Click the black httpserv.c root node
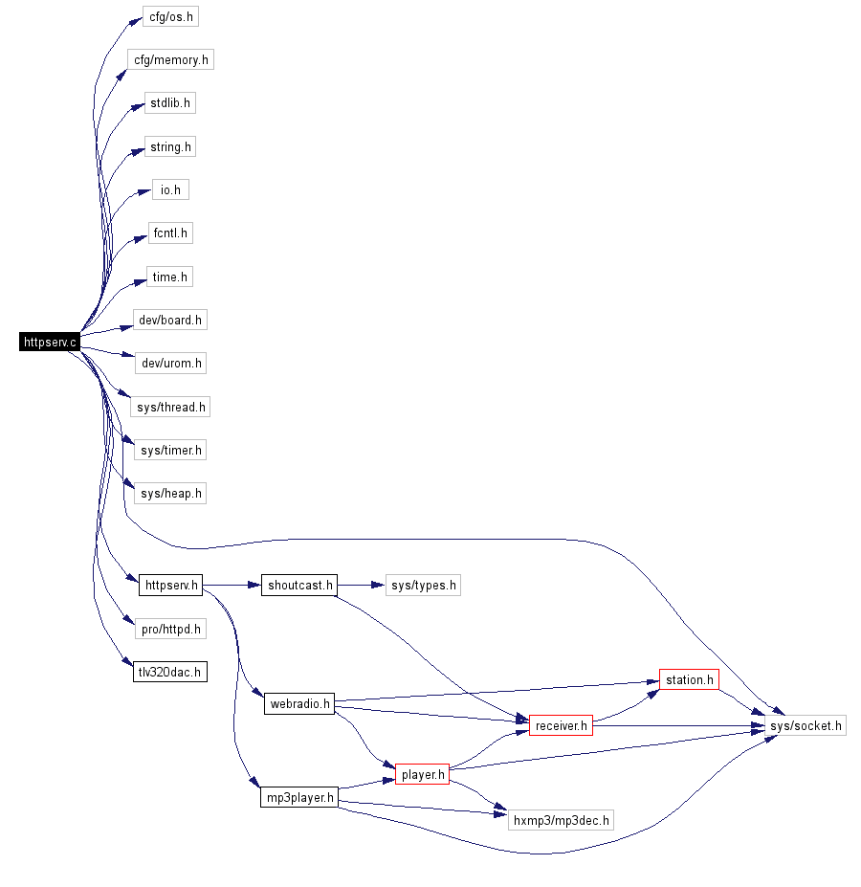[x=50, y=342]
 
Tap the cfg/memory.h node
[x=170, y=59]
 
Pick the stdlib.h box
[x=169, y=102]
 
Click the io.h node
[x=170, y=189]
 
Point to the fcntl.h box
[x=170, y=233]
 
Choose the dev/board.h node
[x=170, y=320]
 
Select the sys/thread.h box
[x=170, y=407]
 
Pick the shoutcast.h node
[x=299, y=585]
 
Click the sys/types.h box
[x=423, y=585]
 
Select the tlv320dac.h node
[x=169, y=672]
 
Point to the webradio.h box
[x=299, y=704]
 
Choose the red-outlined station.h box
[x=689, y=680]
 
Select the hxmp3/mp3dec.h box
[x=561, y=819]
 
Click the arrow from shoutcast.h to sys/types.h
[x=362, y=585]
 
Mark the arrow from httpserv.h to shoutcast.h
[x=232, y=585]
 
